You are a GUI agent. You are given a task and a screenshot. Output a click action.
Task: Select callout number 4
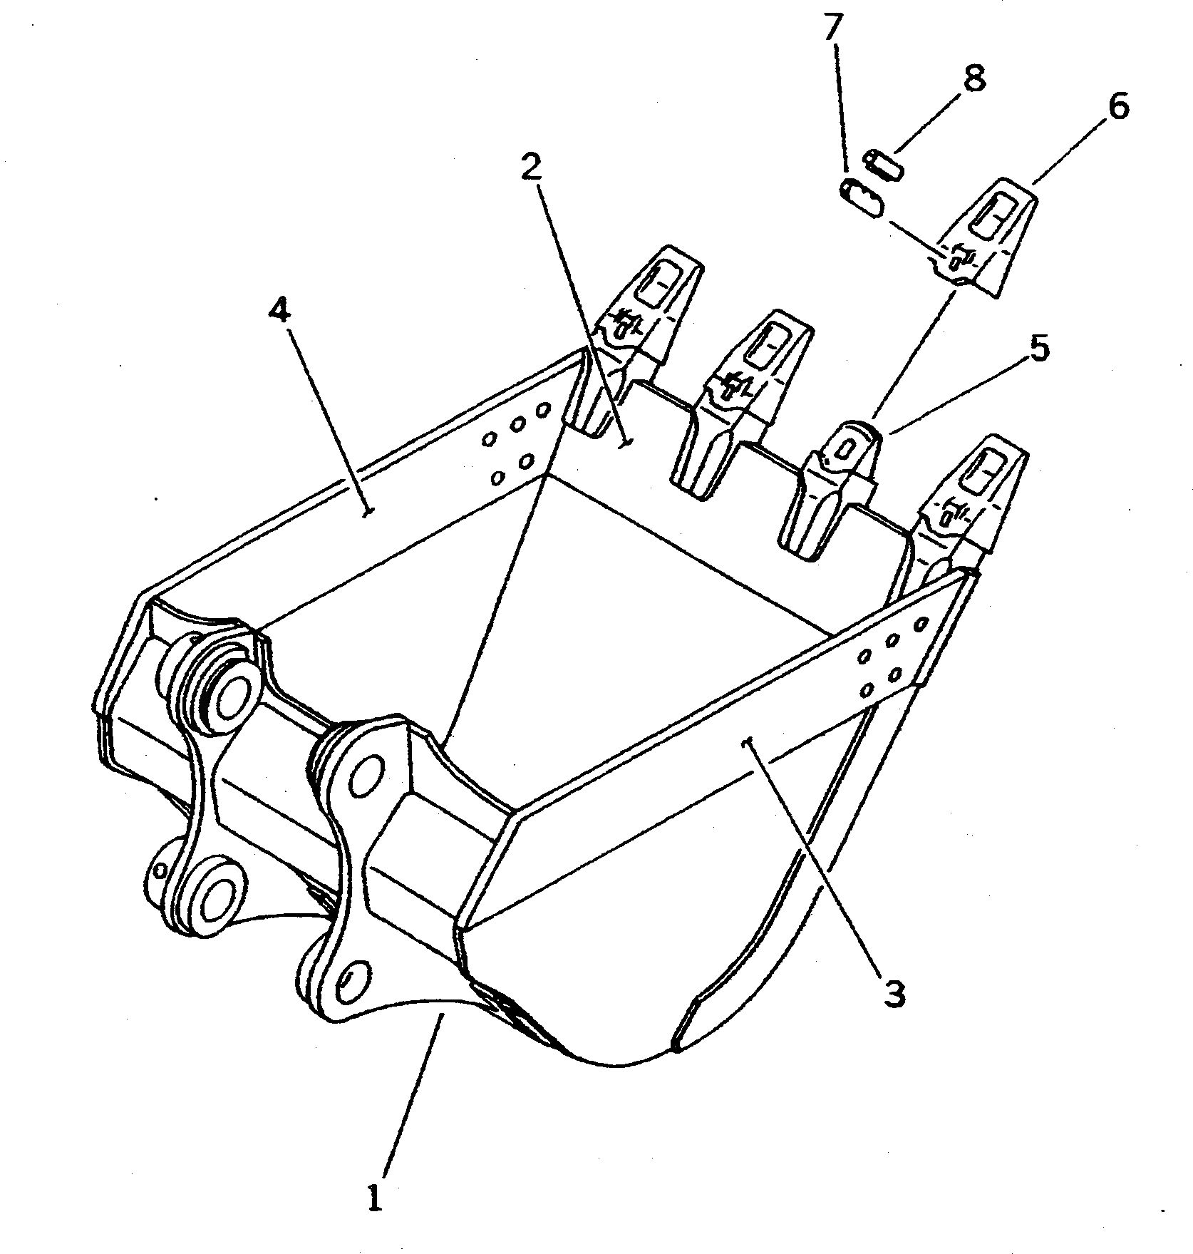tap(280, 311)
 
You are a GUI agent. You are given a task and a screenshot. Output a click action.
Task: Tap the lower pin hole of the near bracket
tap(353, 985)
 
